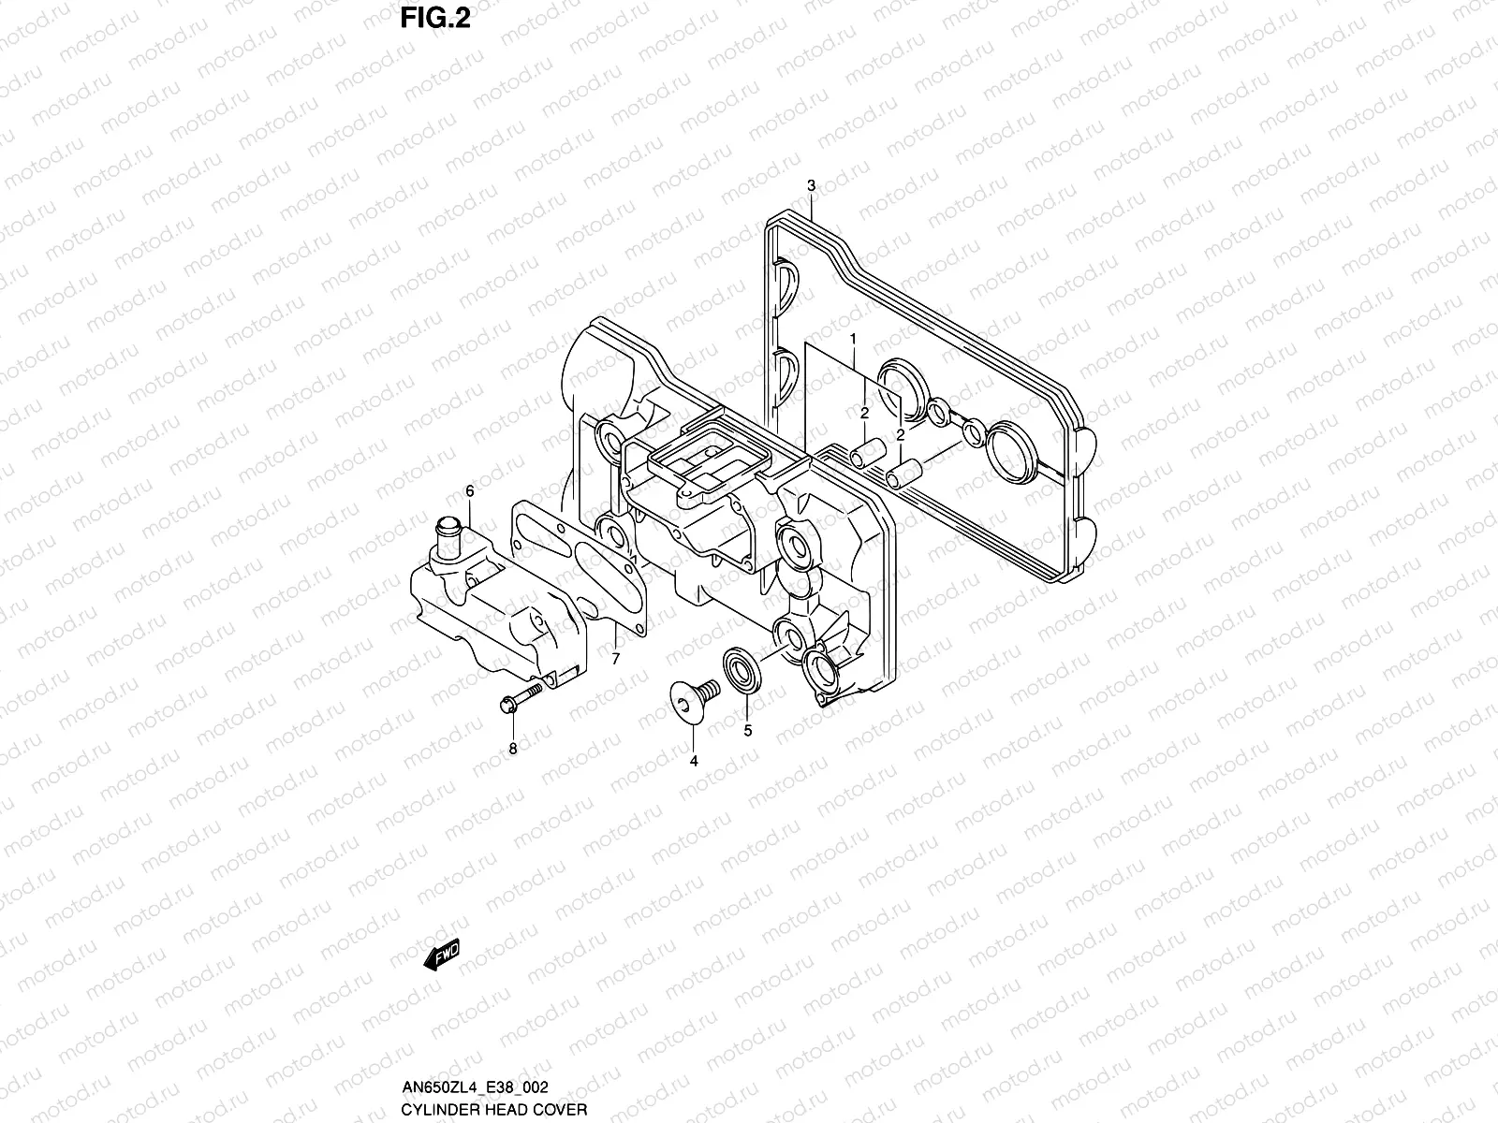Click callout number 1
853,337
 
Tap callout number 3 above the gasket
812,185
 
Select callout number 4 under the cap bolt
694,761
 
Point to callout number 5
747,731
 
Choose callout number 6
469,491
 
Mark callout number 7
615,659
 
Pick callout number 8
512,748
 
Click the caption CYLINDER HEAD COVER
493,1110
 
